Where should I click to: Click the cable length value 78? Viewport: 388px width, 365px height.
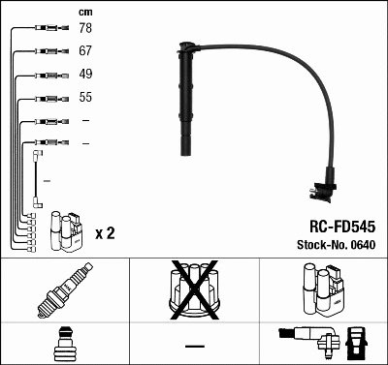tap(85, 28)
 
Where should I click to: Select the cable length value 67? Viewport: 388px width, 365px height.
tap(85, 51)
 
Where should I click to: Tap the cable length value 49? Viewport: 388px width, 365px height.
tap(85, 75)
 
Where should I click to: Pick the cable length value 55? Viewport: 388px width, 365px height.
tap(85, 98)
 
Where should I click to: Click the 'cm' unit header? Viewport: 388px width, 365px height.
tap(84, 11)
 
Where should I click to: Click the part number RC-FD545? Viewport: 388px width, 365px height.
tap(335, 225)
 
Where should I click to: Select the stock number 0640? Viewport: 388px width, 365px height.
tap(361, 244)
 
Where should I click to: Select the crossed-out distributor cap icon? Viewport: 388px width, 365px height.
tap(193, 291)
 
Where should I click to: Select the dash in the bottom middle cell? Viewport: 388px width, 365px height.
tap(194, 346)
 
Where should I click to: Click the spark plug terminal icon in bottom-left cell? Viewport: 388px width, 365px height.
tap(64, 345)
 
